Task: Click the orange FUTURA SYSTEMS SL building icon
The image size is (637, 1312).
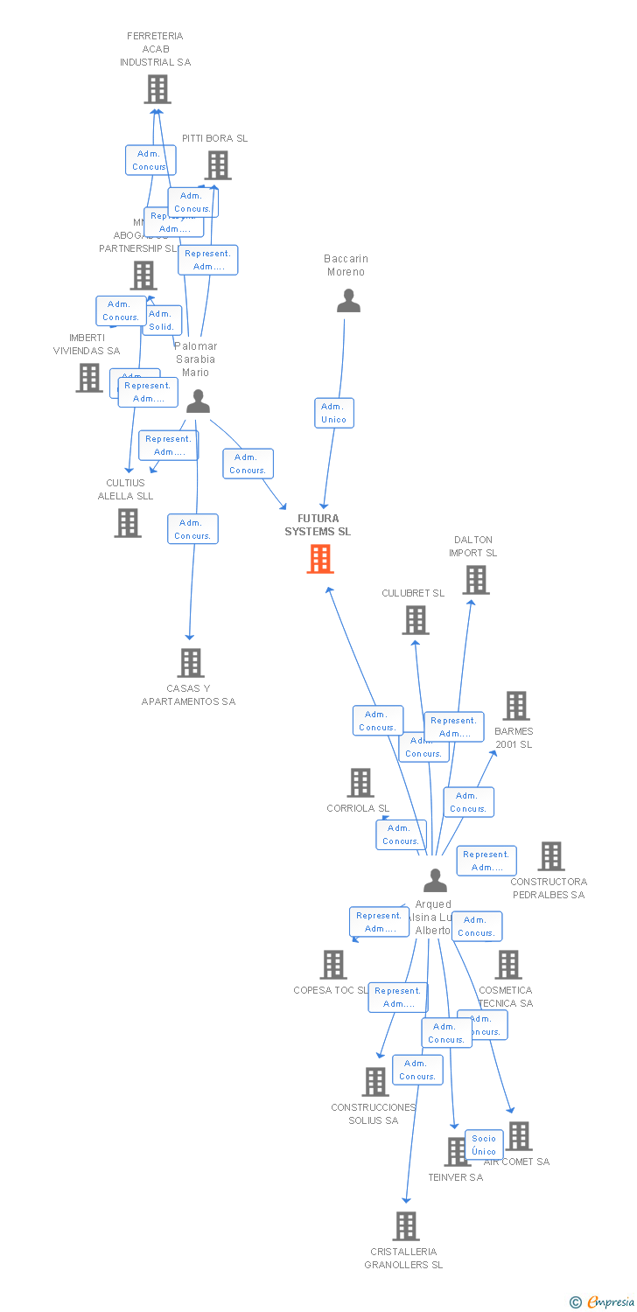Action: tap(320, 559)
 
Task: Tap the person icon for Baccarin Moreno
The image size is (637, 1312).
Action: tap(348, 301)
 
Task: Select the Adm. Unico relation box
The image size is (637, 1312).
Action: tap(333, 413)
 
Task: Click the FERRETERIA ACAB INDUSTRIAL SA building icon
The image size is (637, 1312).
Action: tap(157, 89)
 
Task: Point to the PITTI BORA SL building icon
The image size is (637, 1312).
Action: tap(218, 165)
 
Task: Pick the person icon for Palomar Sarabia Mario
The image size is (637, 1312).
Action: tap(199, 401)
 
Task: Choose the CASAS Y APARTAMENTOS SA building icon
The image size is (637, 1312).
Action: tap(191, 663)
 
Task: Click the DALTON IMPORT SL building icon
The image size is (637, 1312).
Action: tap(476, 580)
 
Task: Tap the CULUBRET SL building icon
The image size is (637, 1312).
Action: tap(416, 620)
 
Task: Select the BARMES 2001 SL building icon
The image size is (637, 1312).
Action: tap(516, 706)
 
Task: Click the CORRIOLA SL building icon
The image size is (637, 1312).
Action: tap(360, 783)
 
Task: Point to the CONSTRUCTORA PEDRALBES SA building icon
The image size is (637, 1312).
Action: tap(551, 856)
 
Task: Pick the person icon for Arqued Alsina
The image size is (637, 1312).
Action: tap(435, 880)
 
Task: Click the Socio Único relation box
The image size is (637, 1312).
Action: tap(484, 1144)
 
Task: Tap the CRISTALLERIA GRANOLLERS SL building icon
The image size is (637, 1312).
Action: tap(406, 1226)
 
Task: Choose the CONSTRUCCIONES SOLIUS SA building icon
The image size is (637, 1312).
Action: tap(375, 1082)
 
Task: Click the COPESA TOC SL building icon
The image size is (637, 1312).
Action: tap(333, 965)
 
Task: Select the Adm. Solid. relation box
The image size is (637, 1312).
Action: tap(162, 320)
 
